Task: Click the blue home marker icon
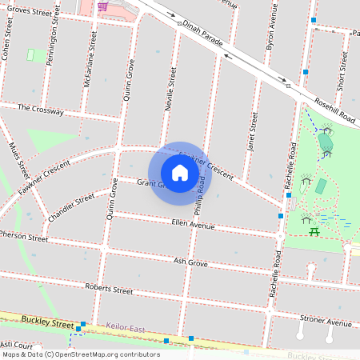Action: click(x=180, y=173)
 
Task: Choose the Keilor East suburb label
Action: click(x=126, y=326)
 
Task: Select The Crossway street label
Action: click(x=40, y=110)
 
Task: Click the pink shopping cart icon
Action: click(x=102, y=6)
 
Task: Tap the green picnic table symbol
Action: click(x=314, y=231)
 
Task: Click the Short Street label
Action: click(x=342, y=70)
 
